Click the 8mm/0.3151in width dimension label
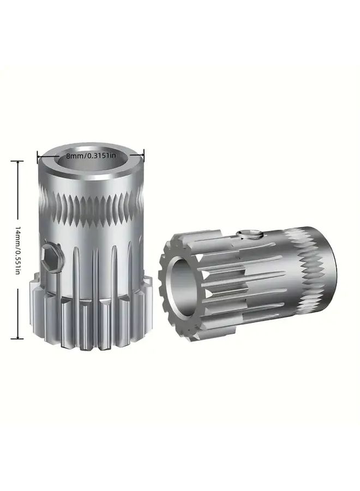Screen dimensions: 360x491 pyautogui.click(x=91, y=155)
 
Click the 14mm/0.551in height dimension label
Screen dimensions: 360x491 pyautogui.click(x=17, y=250)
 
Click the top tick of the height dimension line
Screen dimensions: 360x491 pyautogui.click(x=17, y=161)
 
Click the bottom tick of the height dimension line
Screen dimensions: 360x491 pyautogui.click(x=17, y=338)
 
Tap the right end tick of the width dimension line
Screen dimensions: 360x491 pyautogui.click(x=143, y=154)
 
